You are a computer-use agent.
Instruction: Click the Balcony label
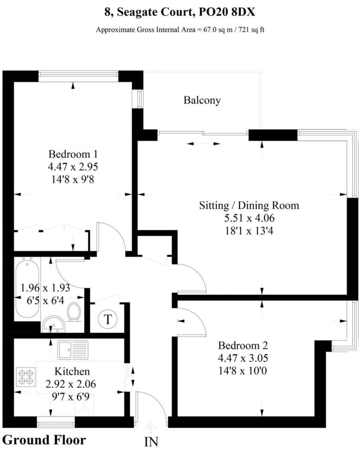[202, 100]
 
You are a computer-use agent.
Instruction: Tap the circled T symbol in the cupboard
[107, 319]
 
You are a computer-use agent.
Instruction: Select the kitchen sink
[73, 350]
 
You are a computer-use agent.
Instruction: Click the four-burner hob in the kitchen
[26, 377]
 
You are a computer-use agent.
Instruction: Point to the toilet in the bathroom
[74, 312]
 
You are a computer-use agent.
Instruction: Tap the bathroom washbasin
[54, 324]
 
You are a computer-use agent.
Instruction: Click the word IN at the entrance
[151, 442]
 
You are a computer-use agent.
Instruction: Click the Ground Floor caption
[44, 440]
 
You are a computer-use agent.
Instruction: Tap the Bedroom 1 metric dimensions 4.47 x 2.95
[73, 167]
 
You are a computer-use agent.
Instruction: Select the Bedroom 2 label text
[243, 345]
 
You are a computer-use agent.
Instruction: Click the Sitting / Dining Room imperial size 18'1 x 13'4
[249, 231]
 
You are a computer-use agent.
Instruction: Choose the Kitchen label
[72, 371]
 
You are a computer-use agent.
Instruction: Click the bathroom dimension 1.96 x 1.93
[45, 288]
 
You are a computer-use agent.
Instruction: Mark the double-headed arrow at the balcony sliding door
[204, 143]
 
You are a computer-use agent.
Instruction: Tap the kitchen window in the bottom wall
[56, 422]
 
